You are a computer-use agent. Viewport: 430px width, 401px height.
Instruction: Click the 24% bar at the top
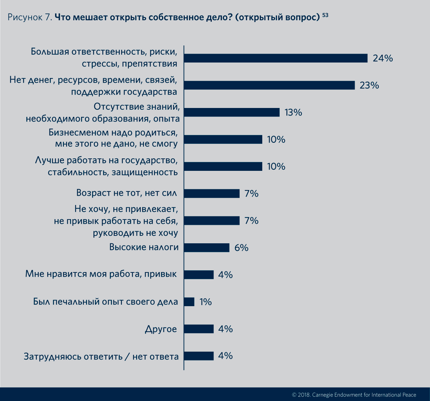pyautogui.click(x=276, y=58)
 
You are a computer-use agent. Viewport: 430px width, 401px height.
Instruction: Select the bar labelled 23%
pyautogui.click(x=269, y=85)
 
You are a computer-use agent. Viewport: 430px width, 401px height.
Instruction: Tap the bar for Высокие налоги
pyautogui.click(x=207, y=248)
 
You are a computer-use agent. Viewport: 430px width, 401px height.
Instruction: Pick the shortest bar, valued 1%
pyautogui.click(x=189, y=302)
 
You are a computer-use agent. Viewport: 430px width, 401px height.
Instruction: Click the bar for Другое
pyautogui.click(x=199, y=329)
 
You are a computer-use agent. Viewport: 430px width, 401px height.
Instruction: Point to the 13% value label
pyautogui.click(x=293, y=113)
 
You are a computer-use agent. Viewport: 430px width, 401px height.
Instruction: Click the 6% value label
pyautogui.click(x=241, y=248)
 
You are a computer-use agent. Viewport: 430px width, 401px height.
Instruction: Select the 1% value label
pyautogui.click(x=205, y=302)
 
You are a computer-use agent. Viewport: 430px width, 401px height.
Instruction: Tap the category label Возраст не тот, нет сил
pyautogui.click(x=127, y=193)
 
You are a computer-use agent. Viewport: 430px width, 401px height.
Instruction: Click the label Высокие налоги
pyautogui.click(x=144, y=247)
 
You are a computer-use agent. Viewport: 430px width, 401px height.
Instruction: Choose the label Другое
pyautogui.click(x=161, y=329)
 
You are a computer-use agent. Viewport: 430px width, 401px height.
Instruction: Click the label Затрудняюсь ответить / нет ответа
pyautogui.click(x=101, y=356)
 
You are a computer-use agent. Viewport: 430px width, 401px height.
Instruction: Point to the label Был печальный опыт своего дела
pyautogui.click(x=106, y=302)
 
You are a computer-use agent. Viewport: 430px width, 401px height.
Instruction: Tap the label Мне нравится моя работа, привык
pyautogui.click(x=101, y=274)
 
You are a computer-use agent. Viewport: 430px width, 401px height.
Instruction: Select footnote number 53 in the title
pyautogui.click(x=325, y=15)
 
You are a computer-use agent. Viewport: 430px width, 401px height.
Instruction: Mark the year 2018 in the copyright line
pyautogui.click(x=304, y=395)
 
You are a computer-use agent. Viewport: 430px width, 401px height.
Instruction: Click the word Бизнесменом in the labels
pyautogui.click(x=78, y=132)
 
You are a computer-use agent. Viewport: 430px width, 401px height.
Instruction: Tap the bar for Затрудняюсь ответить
pyautogui.click(x=199, y=356)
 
